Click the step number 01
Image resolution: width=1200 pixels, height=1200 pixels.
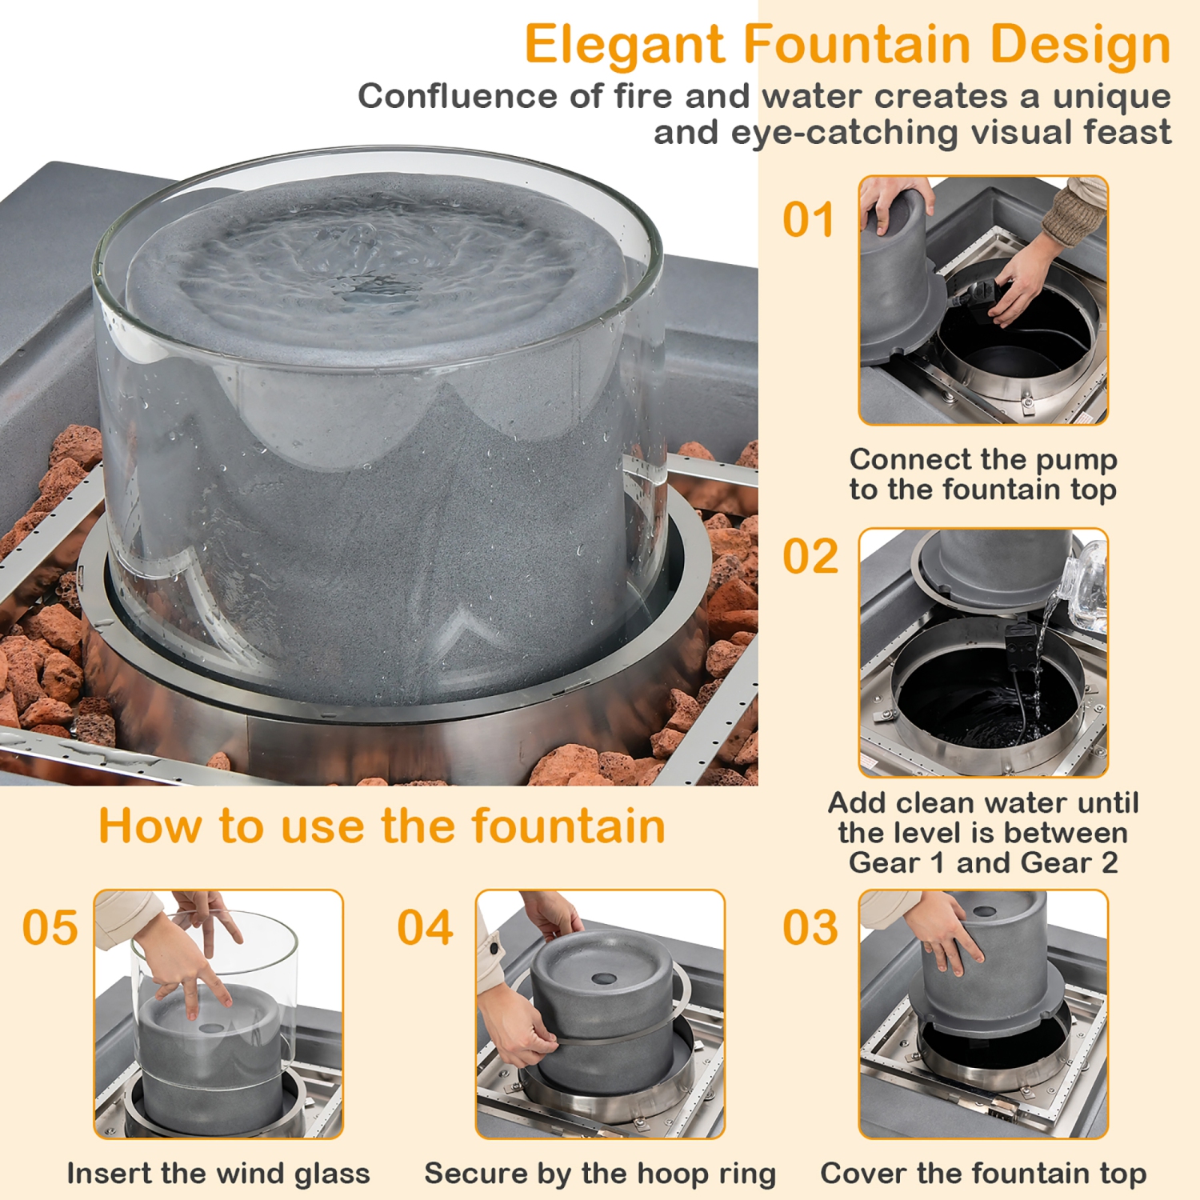click(808, 220)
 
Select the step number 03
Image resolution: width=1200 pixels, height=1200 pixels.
click(810, 927)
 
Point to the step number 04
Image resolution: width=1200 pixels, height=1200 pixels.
click(425, 927)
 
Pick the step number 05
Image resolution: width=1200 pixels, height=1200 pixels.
click(50, 927)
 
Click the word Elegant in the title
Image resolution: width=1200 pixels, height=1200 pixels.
click(624, 45)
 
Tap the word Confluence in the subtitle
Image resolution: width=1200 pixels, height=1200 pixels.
click(458, 97)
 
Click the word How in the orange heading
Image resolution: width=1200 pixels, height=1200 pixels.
click(150, 826)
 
